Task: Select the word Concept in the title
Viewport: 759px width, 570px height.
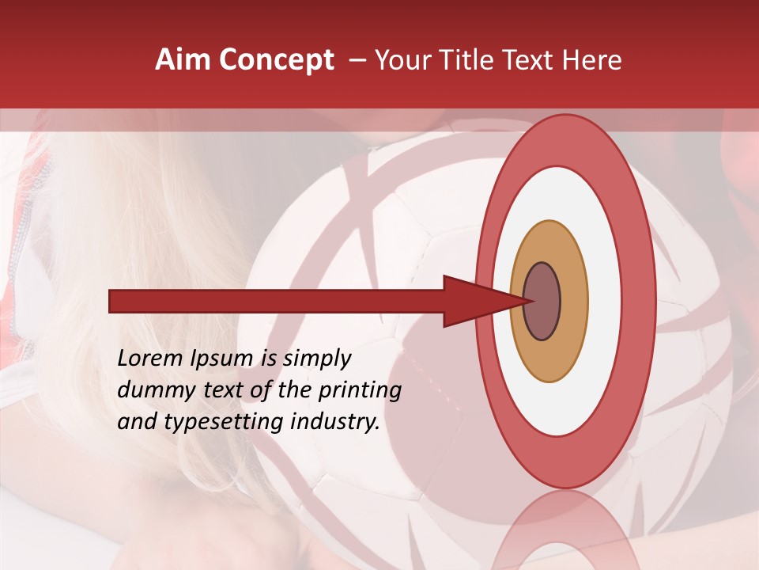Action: (x=276, y=60)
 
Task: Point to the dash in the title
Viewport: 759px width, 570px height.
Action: (x=357, y=61)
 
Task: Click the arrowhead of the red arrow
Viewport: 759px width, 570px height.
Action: (x=474, y=302)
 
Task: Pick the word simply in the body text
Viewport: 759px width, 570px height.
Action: (x=316, y=359)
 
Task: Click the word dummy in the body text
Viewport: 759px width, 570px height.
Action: (x=150, y=390)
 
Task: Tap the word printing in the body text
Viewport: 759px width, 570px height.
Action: (x=360, y=391)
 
